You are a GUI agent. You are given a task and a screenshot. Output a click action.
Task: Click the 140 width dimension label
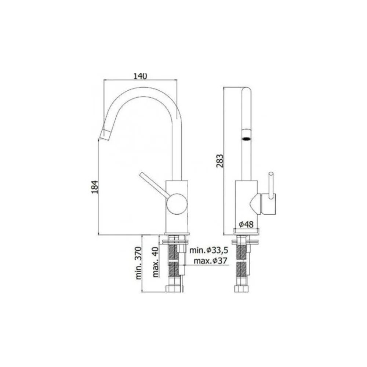click(x=140, y=76)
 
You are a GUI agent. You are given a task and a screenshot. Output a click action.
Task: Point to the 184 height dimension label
click(x=95, y=187)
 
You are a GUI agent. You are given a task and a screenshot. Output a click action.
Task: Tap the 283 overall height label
click(x=220, y=161)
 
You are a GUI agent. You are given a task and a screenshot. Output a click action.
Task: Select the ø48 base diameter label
click(x=246, y=225)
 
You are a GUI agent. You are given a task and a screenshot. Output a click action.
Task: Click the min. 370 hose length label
click(x=139, y=263)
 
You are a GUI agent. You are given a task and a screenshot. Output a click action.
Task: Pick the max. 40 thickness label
click(x=156, y=262)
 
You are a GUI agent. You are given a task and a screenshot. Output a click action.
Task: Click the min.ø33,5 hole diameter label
click(x=208, y=250)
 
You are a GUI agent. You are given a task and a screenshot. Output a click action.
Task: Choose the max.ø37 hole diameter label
click(x=210, y=261)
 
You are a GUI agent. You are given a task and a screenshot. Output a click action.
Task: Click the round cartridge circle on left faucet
click(x=177, y=204)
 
